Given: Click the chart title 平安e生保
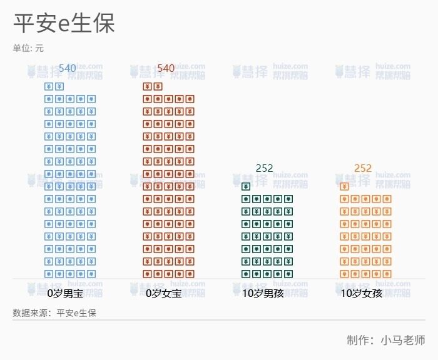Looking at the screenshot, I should click(64, 24).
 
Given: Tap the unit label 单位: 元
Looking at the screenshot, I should click(28, 48).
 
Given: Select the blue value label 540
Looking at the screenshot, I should click(67, 68).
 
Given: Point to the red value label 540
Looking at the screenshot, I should click(166, 68).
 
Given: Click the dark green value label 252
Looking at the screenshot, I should click(265, 168).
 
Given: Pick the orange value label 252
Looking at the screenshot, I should click(363, 168).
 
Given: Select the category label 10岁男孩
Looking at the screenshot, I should click(263, 292).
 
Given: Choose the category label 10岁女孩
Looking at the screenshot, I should click(361, 292).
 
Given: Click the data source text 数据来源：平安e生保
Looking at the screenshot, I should click(54, 312).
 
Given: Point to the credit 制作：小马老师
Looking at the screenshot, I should click(386, 340).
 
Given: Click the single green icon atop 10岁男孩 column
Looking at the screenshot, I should click(246, 186).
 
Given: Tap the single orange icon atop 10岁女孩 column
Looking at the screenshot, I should click(344, 186).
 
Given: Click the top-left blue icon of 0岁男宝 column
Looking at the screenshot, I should click(49, 86).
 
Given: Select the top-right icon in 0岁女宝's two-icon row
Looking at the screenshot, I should click(158, 86).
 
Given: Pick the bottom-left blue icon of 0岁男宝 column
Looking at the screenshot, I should click(49, 274).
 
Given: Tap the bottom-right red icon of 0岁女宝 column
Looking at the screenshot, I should click(190, 274).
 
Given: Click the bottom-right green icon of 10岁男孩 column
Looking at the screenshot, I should click(288, 274).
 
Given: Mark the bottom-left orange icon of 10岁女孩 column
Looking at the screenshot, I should click(344, 274).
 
